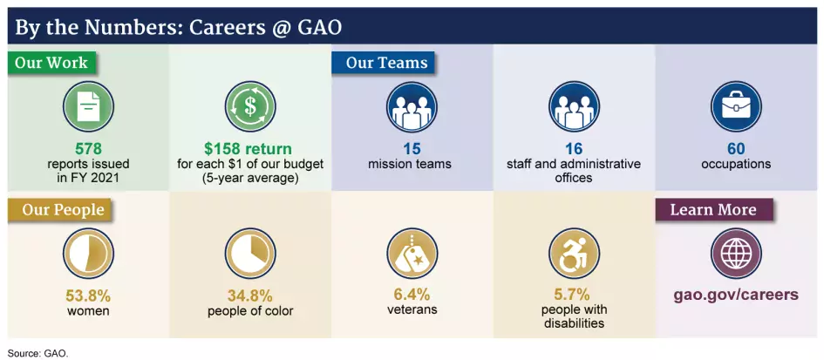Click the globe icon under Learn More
click(x=736, y=253)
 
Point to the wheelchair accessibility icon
click(x=574, y=253)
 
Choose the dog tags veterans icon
click(x=412, y=253)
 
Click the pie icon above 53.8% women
click(x=88, y=253)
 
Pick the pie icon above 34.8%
click(x=249, y=253)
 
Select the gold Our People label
click(x=62, y=210)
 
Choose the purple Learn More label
click(x=712, y=210)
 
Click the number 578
click(x=88, y=149)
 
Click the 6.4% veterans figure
click(x=412, y=295)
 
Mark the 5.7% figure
click(x=572, y=295)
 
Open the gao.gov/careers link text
click(x=735, y=295)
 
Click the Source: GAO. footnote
click(x=37, y=353)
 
